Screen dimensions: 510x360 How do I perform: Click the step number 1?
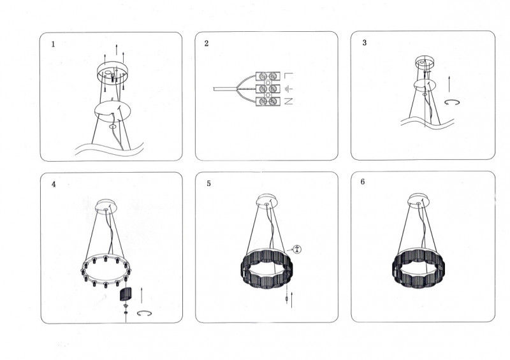pos(54,45)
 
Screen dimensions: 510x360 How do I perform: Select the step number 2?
pos(207,43)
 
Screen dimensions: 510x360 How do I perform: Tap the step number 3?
pos(365,43)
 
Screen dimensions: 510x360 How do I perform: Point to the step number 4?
pos(54,184)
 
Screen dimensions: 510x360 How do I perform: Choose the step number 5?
pos(209,184)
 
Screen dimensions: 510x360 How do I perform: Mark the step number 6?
pos(363,182)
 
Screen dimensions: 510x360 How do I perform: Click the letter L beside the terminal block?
pos(289,76)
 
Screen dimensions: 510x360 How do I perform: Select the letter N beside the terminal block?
pos(289,101)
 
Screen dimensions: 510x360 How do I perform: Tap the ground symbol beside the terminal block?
pos(289,89)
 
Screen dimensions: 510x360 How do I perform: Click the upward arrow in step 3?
pos(449,84)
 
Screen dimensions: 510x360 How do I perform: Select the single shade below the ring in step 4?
pos(125,294)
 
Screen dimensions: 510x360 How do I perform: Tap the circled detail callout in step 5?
pos(296,249)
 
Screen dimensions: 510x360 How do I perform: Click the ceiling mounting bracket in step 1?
pos(113,73)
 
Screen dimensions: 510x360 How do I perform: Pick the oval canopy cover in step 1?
pos(113,112)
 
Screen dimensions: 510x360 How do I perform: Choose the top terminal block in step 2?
pos(268,76)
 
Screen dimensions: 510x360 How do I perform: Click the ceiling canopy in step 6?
pos(419,200)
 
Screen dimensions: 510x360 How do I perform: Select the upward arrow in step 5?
pos(292,300)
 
